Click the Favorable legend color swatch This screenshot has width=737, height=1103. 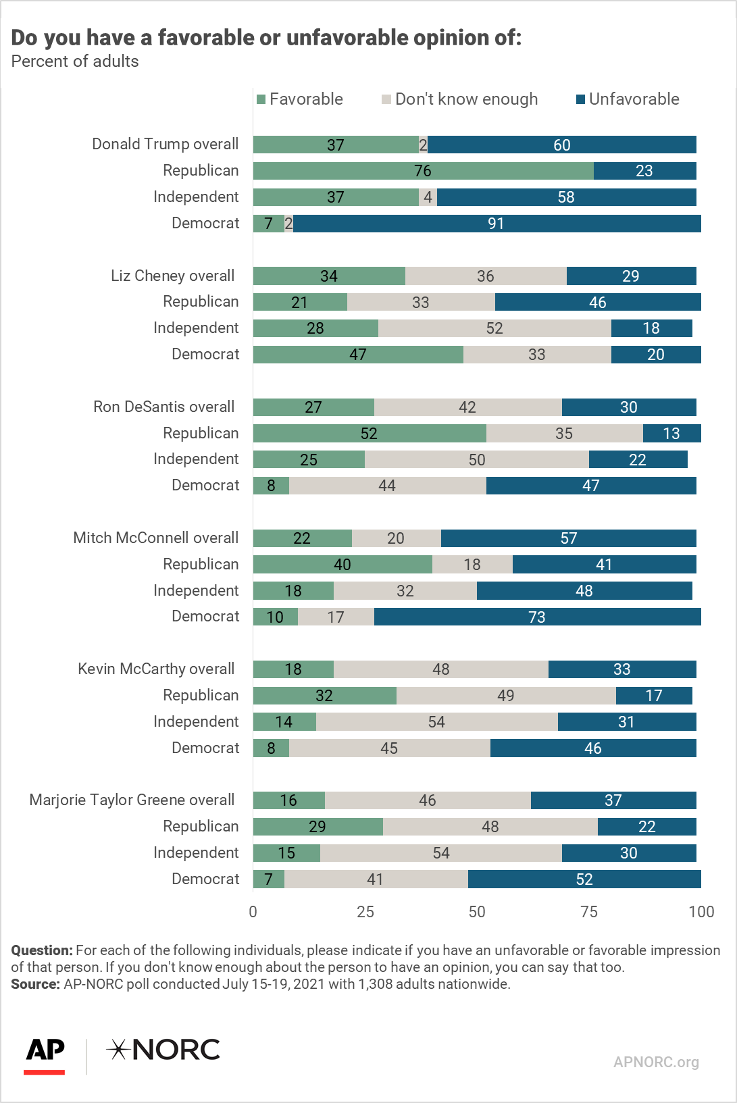tap(261, 99)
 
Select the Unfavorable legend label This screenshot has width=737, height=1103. tap(634, 99)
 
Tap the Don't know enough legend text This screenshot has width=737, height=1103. tap(466, 99)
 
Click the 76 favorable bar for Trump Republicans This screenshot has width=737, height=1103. tap(424, 171)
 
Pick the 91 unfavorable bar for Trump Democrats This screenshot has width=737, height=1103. tap(497, 224)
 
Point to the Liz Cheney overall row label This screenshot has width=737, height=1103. tap(172, 276)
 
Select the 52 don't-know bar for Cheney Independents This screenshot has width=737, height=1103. tap(494, 328)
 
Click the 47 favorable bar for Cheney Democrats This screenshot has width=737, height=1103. tap(359, 355)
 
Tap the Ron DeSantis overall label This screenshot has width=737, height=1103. tap(164, 407)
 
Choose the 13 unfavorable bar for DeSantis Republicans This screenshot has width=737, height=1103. tap(671, 434)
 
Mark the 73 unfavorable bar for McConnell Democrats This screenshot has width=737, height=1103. tap(537, 617)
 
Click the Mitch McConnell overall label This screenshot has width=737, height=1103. tap(155, 538)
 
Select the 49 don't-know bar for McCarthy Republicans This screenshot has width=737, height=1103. tap(506, 696)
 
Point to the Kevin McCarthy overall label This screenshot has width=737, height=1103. tap(156, 669)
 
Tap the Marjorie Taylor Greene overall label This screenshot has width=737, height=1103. tap(132, 800)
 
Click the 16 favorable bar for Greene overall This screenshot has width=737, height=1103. tap(289, 800)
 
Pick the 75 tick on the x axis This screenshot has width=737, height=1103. tap(589, 912)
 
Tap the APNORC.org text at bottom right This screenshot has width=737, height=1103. tap(656, 1062)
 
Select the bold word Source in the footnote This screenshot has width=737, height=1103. tap(35, 984)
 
